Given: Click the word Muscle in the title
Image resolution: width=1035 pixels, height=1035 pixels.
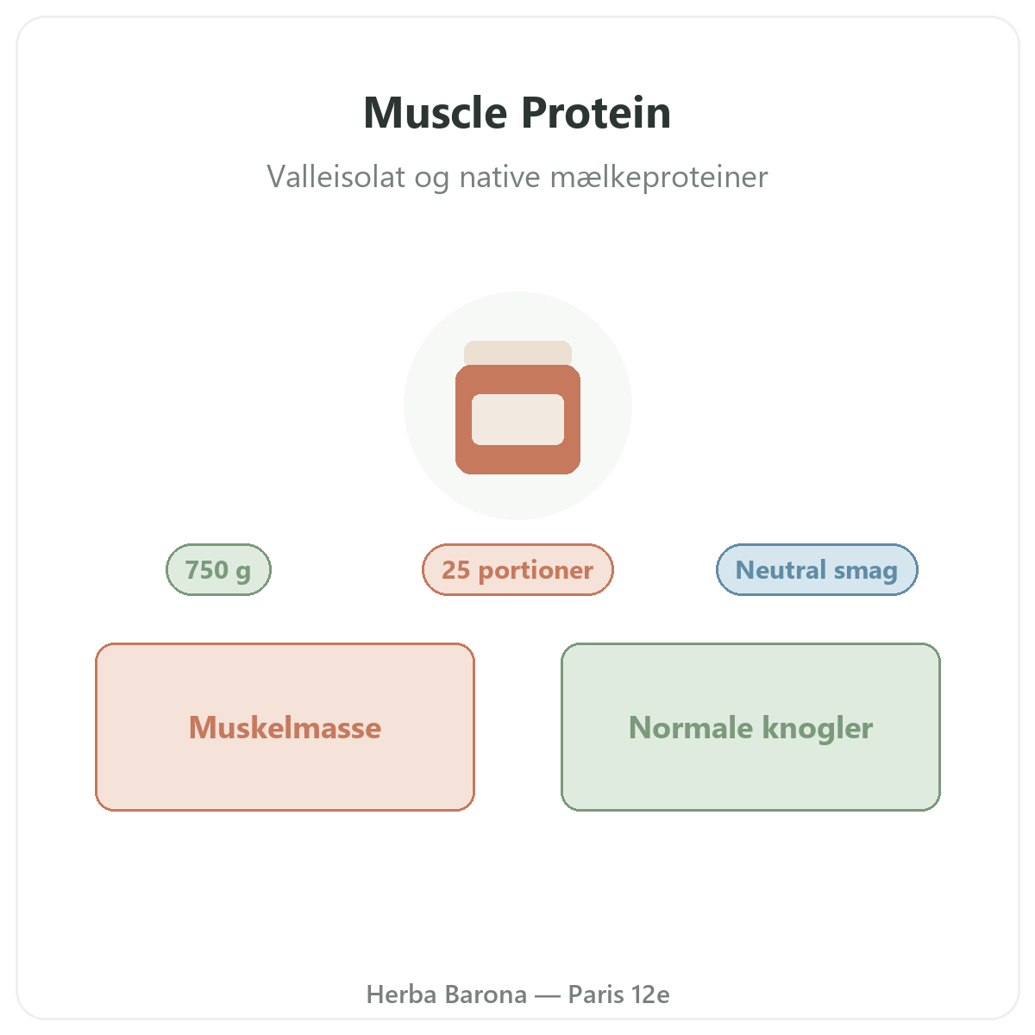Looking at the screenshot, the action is click(x=435, y=113).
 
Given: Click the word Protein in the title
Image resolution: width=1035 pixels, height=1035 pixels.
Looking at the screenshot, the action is click(x=596, y=113).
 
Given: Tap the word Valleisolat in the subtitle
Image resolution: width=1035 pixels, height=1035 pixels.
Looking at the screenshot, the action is click(x=336, y=177).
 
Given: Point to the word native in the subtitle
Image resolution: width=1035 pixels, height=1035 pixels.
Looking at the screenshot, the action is click(x=500, y=177).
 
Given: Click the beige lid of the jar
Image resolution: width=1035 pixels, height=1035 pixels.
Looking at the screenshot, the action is click(x=517, y=353).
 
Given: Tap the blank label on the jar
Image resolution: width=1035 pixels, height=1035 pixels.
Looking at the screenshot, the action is click(x=517, y=419).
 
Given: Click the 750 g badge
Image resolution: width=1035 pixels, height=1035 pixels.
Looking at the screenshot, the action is click(x=218, y=569).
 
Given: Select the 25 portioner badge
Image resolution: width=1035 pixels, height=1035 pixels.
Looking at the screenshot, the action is click(x=517, y=569).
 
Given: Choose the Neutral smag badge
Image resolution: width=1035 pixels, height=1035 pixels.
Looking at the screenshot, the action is click(x=817, y=569).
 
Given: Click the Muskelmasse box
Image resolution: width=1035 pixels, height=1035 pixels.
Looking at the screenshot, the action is click(x=285, y=727).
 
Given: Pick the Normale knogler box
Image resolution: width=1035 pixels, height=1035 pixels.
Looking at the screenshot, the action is click(x=750, y=727).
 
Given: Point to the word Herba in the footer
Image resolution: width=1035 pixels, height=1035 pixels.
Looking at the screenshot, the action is click(x=401, y=994).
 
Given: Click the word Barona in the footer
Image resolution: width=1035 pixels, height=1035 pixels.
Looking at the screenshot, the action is click(x=486, y=994).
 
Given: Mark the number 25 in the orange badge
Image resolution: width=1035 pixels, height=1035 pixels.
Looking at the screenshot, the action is click(x=455, y=570).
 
